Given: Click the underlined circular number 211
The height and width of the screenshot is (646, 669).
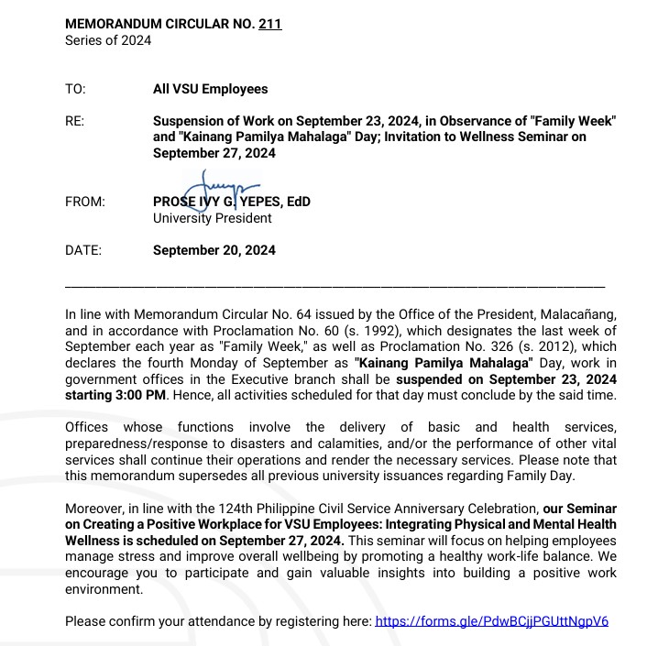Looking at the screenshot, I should pos(270,24).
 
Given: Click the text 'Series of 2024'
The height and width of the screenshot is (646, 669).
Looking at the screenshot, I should pos(108,40).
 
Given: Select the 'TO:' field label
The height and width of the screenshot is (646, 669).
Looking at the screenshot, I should pos(75,89).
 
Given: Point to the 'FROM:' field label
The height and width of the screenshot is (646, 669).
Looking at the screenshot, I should pos(85,202).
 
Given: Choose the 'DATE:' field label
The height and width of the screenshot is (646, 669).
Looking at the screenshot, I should pos(83,249).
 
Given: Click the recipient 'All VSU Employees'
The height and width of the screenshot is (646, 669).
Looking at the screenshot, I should pos(211,89).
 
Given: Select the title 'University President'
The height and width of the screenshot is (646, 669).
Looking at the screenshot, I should pos(213,218).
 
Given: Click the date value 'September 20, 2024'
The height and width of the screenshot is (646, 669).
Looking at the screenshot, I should pos(214,249).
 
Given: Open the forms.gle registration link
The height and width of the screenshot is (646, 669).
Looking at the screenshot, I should pos(491,620).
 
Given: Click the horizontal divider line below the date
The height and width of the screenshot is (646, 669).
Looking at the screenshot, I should pos(334,287).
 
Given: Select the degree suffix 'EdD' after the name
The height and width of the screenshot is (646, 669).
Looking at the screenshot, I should pos(298,202).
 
